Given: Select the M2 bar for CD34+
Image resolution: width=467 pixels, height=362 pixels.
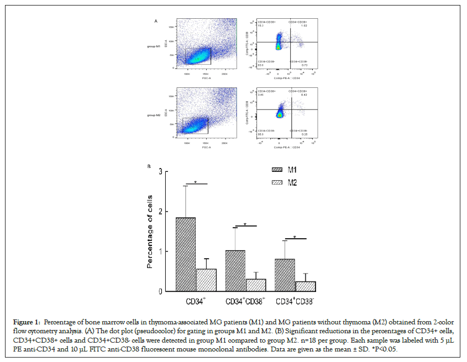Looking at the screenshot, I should [206, 280].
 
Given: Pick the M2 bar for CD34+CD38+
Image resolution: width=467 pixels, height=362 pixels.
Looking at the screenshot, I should [255, 285].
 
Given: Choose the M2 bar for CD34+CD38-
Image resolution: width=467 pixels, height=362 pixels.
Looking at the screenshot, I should [305, 286].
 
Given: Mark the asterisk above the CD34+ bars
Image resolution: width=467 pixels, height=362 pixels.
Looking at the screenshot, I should [196, 181].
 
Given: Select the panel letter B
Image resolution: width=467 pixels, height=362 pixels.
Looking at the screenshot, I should [149, 166].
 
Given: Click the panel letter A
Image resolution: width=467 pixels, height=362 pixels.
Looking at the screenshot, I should [156, 21].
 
